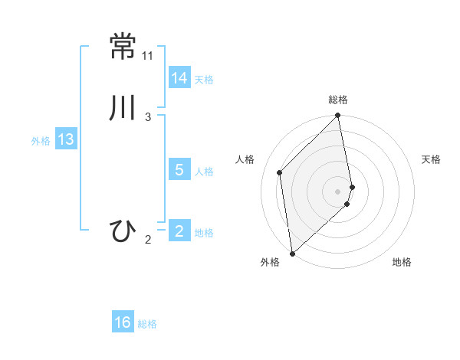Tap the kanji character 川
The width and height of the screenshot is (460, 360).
pos(123,108)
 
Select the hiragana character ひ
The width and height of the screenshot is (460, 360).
pos(123,231)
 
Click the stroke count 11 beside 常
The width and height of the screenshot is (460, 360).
pos(148,56)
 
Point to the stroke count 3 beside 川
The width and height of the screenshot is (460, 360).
pos(148,117)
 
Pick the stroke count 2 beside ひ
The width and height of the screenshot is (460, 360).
pos(148,241)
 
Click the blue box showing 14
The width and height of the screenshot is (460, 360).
pos(179,78)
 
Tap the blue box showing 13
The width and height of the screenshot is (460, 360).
pos(65,139)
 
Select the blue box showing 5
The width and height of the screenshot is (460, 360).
pos(179,170)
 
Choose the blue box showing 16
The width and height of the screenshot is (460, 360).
pos(123,322)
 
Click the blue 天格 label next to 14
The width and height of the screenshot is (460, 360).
pos(204,80)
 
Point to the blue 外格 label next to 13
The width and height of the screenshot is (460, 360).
pos(41,141)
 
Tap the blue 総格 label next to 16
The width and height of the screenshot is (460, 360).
pos(147,324)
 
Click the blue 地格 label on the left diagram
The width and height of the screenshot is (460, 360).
pos(204,233)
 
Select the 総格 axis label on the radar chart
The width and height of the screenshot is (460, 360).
pos(338,100)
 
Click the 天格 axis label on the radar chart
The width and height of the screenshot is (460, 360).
pos(431,159)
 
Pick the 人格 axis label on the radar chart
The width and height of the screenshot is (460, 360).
pos(245,159)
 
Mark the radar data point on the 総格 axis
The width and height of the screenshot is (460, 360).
pos(338,116)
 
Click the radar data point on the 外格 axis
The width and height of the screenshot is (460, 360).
pos(292,253)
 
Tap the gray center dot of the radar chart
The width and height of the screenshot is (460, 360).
pos(338,191)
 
